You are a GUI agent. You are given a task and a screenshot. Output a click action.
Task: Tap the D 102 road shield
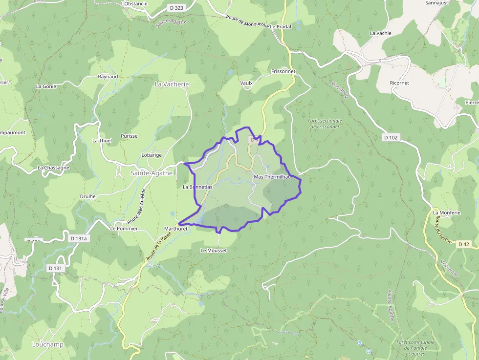(391, 138)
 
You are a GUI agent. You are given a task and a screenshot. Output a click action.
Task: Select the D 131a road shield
(78, 238)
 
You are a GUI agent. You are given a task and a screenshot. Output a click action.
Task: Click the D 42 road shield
(463, 244)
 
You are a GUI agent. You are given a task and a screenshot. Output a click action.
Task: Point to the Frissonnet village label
(283, 71)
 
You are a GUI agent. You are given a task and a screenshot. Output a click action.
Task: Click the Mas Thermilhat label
(272, 177)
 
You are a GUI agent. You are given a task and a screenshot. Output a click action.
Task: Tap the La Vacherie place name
(172, 84)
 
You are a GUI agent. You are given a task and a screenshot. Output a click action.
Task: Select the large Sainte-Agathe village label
(152, 173)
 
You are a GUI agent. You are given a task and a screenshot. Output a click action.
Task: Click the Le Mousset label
(214, 251)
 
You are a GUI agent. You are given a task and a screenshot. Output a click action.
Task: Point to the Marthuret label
(176, 229)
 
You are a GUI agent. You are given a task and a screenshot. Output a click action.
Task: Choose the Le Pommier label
(124, 229)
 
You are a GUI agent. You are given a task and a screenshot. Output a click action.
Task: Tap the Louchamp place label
(48, 344)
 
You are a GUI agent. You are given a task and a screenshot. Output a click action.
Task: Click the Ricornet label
(399, 83)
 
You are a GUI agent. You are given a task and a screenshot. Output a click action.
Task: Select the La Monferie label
(447, 213)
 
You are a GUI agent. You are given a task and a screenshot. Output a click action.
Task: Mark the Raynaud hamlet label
(108, 77)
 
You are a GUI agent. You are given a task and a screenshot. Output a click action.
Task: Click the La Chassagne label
(53, 168)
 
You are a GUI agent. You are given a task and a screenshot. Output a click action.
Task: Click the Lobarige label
(152, 155)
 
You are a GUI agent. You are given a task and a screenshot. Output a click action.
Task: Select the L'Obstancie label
(134, 4)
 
